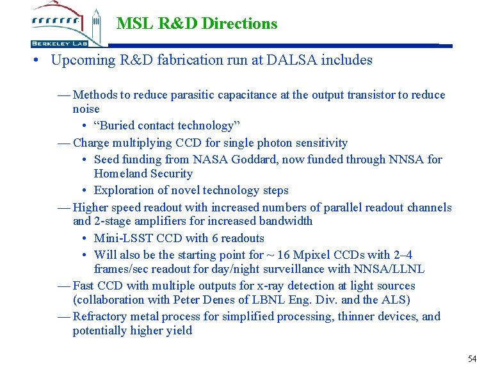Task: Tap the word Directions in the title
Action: (x=239, y=24)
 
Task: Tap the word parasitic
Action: (x=195, y=95)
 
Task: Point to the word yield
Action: (x=179, y=331)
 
